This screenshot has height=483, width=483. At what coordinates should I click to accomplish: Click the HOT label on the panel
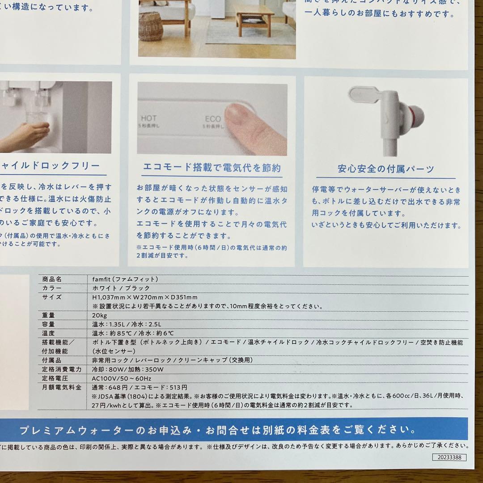(149, 119)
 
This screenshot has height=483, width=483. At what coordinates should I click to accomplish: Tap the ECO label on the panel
(213, 119)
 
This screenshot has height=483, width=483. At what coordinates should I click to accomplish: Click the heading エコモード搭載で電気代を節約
(212, 168)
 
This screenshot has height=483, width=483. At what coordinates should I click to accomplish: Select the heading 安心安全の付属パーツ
(386, 169)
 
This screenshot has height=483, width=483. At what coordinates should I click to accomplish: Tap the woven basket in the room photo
(151, 26)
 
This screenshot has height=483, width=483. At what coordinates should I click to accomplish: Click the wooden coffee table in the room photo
(254, 20)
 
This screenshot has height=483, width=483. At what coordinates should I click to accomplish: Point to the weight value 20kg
(99, 315)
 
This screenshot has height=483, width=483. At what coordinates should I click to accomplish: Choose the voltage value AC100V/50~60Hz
(121, 378)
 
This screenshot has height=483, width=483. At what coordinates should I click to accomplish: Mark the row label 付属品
(51, 360)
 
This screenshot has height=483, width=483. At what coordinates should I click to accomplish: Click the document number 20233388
(449, 457)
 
